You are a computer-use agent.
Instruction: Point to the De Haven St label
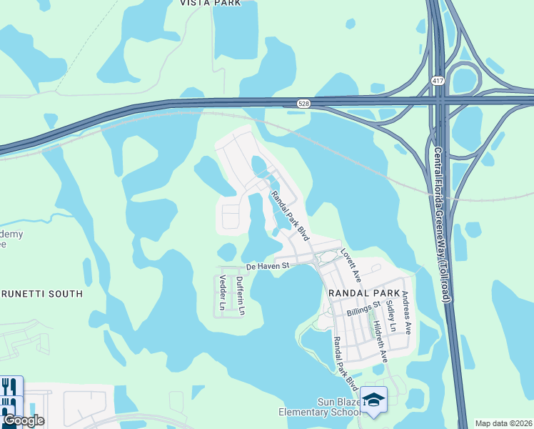[266, 267]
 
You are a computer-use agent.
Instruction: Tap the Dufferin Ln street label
[241, 296]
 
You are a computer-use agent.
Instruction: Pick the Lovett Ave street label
[351, 265]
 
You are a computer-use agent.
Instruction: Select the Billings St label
[361, 310]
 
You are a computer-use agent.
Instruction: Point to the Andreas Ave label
[406, 312]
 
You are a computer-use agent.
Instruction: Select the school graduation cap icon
[373, 400]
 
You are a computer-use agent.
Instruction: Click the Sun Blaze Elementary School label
[318, 406]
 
